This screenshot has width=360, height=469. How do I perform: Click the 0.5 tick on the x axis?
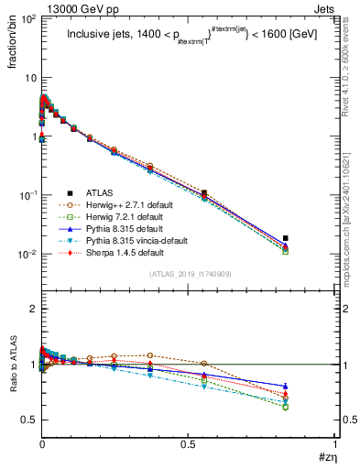189,443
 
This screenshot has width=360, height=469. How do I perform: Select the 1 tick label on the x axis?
335,443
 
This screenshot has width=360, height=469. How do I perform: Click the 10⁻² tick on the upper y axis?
27,254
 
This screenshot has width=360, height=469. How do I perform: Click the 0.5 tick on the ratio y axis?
27,420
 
